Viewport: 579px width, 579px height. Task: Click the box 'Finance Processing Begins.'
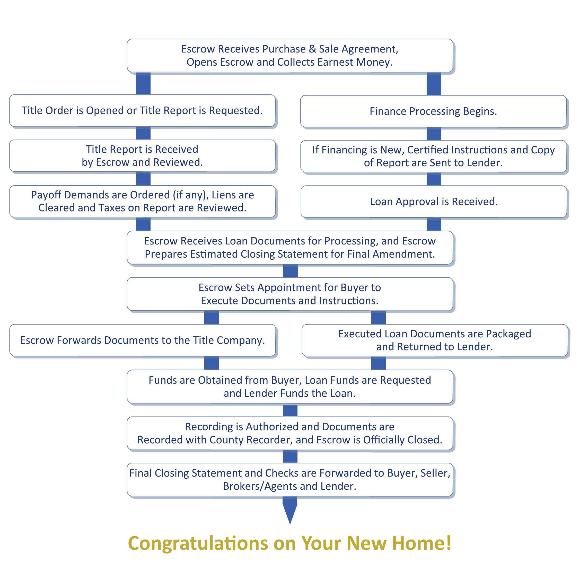point(433,111)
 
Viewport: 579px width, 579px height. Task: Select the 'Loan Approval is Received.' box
point(434,202)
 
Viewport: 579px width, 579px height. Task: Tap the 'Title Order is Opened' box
point(142,111)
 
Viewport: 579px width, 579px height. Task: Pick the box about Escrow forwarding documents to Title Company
point(142,340)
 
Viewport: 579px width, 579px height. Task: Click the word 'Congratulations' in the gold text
point(198,543)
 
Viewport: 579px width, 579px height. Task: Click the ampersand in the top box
point(312,49)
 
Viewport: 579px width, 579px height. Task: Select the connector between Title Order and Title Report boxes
point(143,133)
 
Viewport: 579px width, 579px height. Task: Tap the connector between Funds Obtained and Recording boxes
point(290,410)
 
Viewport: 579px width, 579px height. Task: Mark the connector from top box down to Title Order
point(143,84)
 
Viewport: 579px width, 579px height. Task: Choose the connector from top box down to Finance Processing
point(434,84)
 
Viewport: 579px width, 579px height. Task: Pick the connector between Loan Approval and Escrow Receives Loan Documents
point(434,224)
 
